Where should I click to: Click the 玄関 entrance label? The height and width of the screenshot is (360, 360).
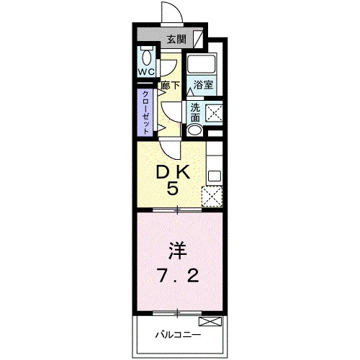pyautogui.click(x=176, y=39)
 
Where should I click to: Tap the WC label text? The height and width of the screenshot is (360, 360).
pyautogui.click(x=146, y=72)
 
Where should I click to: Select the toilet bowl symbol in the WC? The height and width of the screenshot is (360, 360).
pyautogui.click(x=146, y=58)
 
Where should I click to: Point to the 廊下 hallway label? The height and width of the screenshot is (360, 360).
pyautogui.click(x=171, y=86)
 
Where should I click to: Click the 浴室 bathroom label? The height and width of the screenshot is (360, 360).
pyautogui.click(x=203, y=84)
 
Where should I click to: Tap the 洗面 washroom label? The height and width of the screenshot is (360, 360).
pyautogui.click(x=195, y=113)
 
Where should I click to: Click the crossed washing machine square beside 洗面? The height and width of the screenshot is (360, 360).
pyautogui.click(x=215, y=113)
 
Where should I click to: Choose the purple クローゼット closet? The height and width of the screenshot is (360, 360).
pyautogui.click(x=145, y=112)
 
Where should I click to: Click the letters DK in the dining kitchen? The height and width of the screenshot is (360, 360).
pyautogui.click(x=173, y=173)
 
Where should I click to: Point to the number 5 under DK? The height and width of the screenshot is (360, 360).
pyautogui.click(x=173, y=188)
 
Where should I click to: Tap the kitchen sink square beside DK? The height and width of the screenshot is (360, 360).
pyautogui.click(x=215, y=176)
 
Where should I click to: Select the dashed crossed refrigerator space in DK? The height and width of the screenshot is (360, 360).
pyautogui.click(x=212, y=197)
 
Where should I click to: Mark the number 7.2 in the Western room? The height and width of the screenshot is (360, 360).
pyautogui.click(x=178, y=276)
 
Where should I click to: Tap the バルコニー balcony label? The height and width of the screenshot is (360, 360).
pyautogui.click(x=178, y=334)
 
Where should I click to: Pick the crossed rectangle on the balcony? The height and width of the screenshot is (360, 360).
pyautogui.click(x=210, y=321)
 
